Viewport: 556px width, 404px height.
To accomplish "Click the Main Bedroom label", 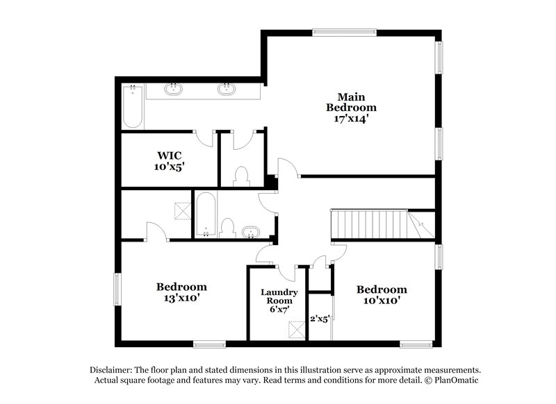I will [352, 102].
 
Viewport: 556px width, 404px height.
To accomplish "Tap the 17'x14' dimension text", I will [352, 119].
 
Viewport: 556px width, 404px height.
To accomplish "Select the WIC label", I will [169, 155].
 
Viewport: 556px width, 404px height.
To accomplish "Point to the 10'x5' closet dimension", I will [169, 167].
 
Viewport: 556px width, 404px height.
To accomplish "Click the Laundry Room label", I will [279, 297].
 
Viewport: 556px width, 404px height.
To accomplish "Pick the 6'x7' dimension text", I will [279, 310].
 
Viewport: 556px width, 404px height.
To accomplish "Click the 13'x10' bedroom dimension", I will [181, 298].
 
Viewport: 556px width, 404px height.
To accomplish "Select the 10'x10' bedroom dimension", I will [382, 301].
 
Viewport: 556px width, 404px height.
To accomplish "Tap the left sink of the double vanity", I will [174, 89].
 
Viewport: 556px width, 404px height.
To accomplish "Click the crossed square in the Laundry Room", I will [297, 328].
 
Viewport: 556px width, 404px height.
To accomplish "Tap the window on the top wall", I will [344, 31].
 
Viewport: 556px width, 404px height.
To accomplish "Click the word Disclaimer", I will [111, 370].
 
